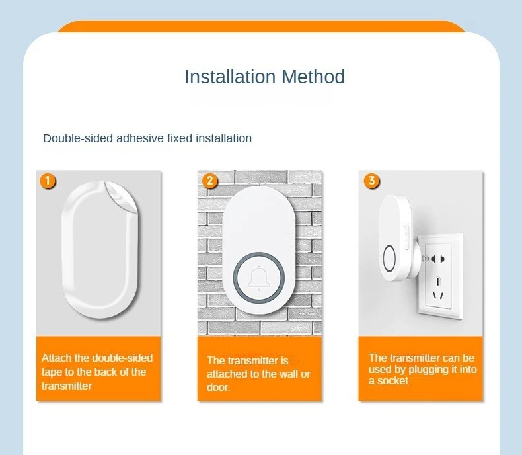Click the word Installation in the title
point(230,77)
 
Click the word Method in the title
point(313,77)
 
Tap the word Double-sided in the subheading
point(78,138)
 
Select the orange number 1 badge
point(48,181)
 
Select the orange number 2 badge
point(210,181)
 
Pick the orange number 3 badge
point(371,181)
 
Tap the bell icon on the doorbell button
point(258,277)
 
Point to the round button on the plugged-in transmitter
point(389,259)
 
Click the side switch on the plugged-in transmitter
point(406,237)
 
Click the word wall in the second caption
point(289,374)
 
